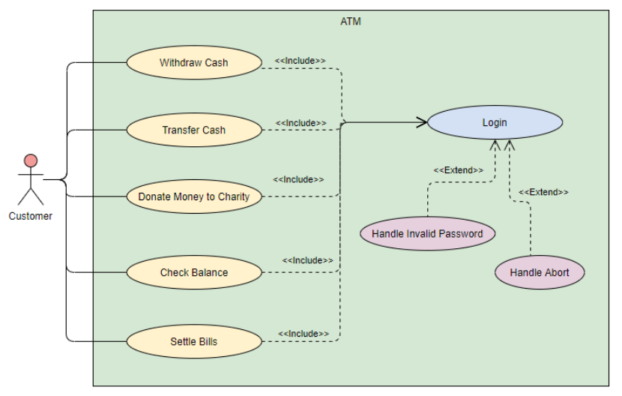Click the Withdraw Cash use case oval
193,63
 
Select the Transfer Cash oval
193,130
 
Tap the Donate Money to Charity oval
193,197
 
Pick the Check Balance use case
193,272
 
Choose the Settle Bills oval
193,341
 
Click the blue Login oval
494,122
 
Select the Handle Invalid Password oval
427,233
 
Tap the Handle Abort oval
539,272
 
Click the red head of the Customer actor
31,160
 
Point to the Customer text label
31,216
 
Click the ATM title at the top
351,22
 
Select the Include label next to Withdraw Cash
300,61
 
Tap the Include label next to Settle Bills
304,333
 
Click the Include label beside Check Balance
307,260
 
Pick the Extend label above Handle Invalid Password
458,170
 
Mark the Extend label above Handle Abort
543,192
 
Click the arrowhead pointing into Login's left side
421,122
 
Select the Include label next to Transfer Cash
301,123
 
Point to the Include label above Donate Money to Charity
298,180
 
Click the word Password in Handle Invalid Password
462,233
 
